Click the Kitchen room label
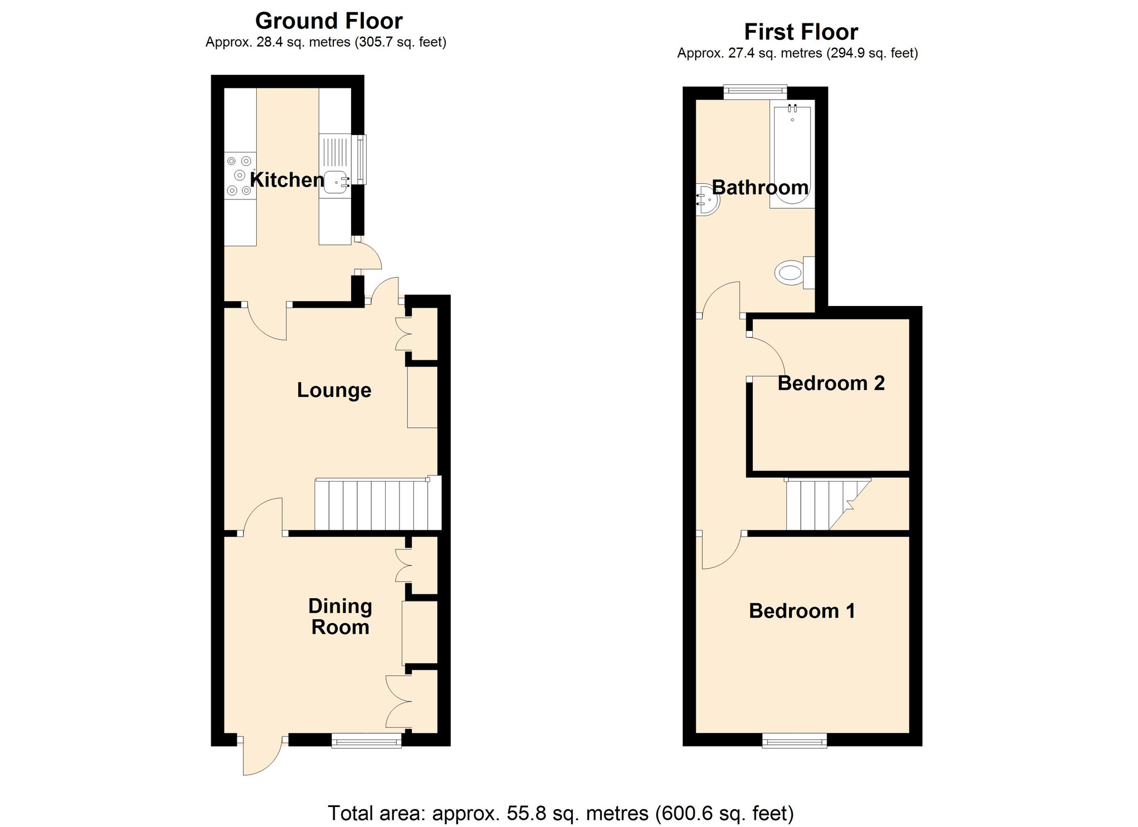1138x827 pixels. pyautogui.click(x=287, y=180)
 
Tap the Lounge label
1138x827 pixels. pyautogui.click(x=334, y=390)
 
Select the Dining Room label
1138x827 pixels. pyautogui.click(x=340, y=617)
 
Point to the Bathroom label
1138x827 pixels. pyautogui.click(x=760, y=187)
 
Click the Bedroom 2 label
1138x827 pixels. pyautogui.click(x=831, y=383)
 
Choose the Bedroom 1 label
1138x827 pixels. pyautogui.click(x=802, y=611)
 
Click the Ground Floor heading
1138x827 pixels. pyautogui.click(x=329, y=21)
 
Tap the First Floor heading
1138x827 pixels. pyautogui.click(x=801, y=32)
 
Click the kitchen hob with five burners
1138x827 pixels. pyautogui.click(x=240, y=176)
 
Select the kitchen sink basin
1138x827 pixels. pyautogui.click(x=336, y=182)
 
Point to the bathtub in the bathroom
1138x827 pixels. pyautogui.click(x=792, y=154)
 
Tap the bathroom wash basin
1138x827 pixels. pyautogui.click(x=708, y=199)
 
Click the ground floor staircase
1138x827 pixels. pyautogui.click(x=378, y=503)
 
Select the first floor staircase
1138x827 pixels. pyautogui.click(x=828, y=504)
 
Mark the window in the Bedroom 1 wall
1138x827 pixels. pyautogui.click(x=794, y=741)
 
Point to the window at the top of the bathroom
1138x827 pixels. pyautogui.click(x=755, y=92)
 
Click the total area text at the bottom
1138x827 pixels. pyautogui.click(x=561, y=813)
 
